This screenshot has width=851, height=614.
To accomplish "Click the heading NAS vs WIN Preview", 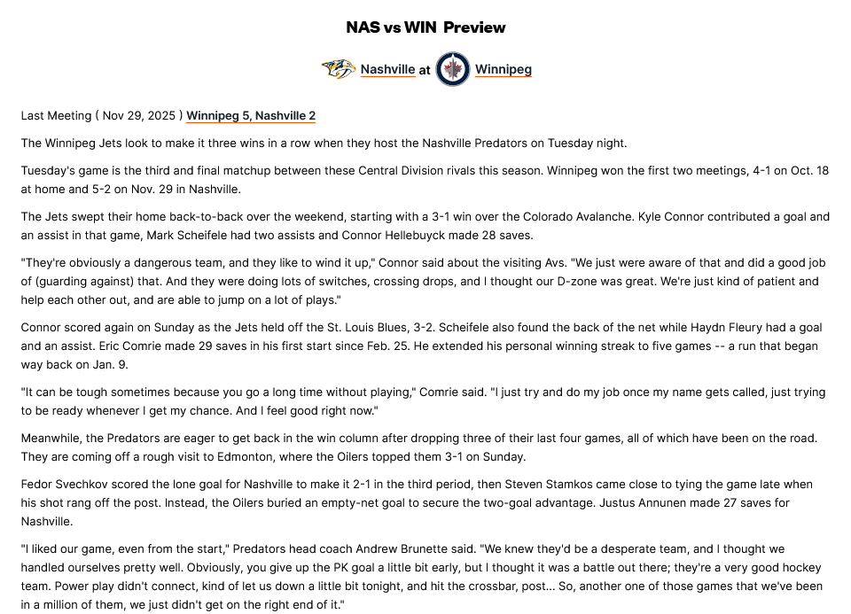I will pyautogui.click(x=425, y=27).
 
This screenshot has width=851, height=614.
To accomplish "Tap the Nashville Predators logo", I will pyautogui.click(x=338, y=69).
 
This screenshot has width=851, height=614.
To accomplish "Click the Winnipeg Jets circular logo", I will pyautogui.click(x=453, y=69).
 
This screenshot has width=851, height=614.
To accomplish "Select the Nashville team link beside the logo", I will pyautogui.click(x=387, y=69).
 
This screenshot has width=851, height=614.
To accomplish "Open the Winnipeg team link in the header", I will pyautogui.click(x=504, y=69).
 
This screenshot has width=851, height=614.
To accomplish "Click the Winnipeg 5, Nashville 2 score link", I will pyautogui.click(x=251, y=116).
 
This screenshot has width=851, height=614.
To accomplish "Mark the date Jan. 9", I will pyautogui.click(x=106, y=364).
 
